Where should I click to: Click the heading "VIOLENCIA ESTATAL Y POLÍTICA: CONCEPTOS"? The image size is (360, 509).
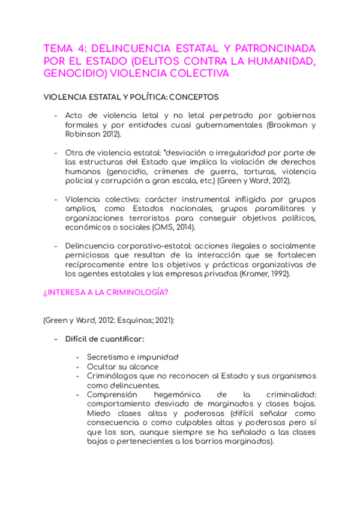coord(131,97)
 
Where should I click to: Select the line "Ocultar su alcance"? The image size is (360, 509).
coord(122,367)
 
